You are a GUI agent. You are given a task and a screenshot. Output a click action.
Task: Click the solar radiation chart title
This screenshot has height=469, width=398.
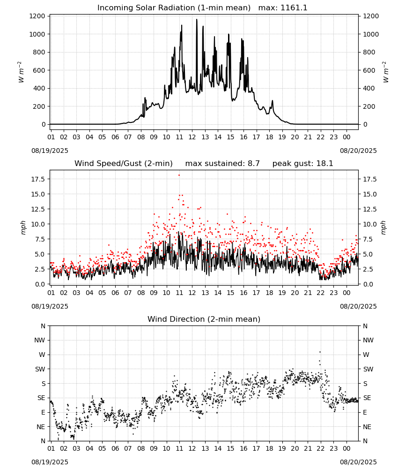pyautogui.click(x=174, y=8)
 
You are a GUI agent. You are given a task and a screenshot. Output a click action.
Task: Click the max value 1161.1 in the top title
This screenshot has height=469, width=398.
pyautogui.click(x=294, y=8)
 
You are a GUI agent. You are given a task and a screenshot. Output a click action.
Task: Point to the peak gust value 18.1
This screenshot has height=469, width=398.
pyautogui.click(x=324, y=164)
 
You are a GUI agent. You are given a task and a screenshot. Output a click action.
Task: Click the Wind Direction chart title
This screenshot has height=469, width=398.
pyautogui.click(x=204, y=319)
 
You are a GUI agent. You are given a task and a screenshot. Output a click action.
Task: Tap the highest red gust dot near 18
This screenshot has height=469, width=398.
pyautogui.click(x=179, y=175)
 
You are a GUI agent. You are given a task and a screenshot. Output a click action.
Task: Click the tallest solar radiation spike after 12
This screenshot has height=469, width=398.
pyautogui.click(x=197, y=20)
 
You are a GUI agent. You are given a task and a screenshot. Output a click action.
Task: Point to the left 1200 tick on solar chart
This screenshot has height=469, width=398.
pyautogui.click(x=37, y=16)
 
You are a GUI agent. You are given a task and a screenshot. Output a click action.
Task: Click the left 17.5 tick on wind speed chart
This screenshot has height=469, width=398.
pyautogui.click(x=38, y=179)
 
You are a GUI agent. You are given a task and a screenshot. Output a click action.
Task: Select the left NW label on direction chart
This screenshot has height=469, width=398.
pyautogui.click(x=39, y=340)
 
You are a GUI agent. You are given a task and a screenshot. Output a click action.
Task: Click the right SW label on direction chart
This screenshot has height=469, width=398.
pyautogui.click(x=368, y=370)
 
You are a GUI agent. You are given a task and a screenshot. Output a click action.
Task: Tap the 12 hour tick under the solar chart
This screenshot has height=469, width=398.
pyautogui.click(x=192, y=137)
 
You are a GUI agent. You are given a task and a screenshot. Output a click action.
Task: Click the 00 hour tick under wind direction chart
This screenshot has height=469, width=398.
pyautogui.click(x=346, y=448)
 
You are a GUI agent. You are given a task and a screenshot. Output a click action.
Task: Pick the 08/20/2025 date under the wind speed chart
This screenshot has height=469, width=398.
pyautogui.click(x=358, y=307)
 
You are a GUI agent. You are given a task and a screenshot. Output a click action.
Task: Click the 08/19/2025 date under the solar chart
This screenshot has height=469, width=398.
pyautogui.click(x=50, y=151)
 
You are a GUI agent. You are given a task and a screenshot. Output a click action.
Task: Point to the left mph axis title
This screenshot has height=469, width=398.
pyautogui.click(x=23, y=227)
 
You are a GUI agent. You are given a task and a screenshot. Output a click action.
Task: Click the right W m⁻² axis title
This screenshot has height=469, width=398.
pyautogui.click(x=385, y=72)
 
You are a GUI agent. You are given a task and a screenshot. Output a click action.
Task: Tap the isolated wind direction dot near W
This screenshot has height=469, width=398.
pyautogui.click(x=320, y=352)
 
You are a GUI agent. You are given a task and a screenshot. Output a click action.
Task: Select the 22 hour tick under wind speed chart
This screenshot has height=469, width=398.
pyautogui.click(x=321, y=293)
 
